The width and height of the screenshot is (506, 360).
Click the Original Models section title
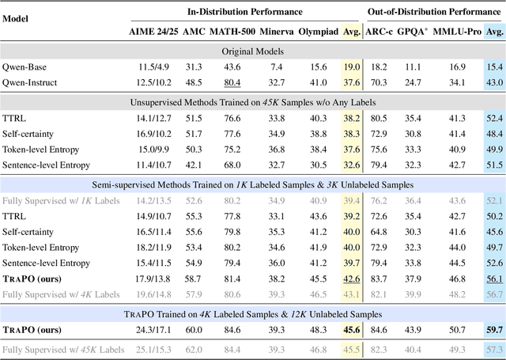pos(252,51)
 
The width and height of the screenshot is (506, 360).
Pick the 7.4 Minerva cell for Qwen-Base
pos(276,68)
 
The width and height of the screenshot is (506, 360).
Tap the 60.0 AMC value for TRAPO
pos(194,329)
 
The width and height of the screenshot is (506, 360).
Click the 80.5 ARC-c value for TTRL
pos(379,118)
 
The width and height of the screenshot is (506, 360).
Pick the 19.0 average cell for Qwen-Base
pos(349,68)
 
